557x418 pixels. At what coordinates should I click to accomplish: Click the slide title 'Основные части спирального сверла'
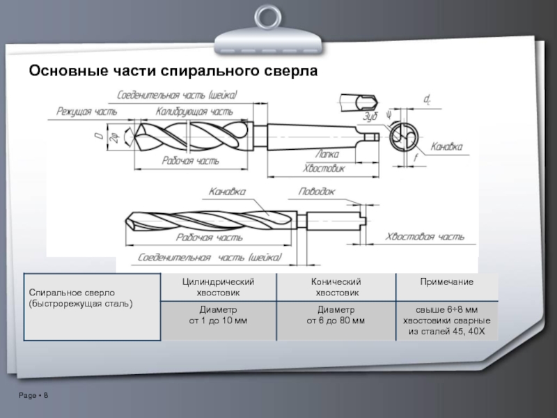coord(173,71)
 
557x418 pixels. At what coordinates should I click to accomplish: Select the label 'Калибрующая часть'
coord(194,111)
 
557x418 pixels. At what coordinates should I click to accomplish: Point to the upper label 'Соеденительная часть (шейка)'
coord(178,95)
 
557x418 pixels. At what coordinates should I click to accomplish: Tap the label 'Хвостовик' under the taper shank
coord(324,168)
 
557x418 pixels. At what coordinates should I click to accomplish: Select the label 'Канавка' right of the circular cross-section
coord(446,147)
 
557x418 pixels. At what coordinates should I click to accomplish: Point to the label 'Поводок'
coord(317,191)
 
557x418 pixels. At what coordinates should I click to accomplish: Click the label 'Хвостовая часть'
coord(425,237)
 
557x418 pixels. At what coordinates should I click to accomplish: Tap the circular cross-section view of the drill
coord(403,135)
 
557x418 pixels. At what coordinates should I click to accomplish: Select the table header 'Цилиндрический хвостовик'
coord(218,286)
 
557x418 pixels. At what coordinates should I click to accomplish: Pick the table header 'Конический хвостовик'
coord(336,286)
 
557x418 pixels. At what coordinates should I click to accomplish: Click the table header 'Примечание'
coord(447,281)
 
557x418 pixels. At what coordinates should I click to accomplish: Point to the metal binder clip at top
coord(267,31)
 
